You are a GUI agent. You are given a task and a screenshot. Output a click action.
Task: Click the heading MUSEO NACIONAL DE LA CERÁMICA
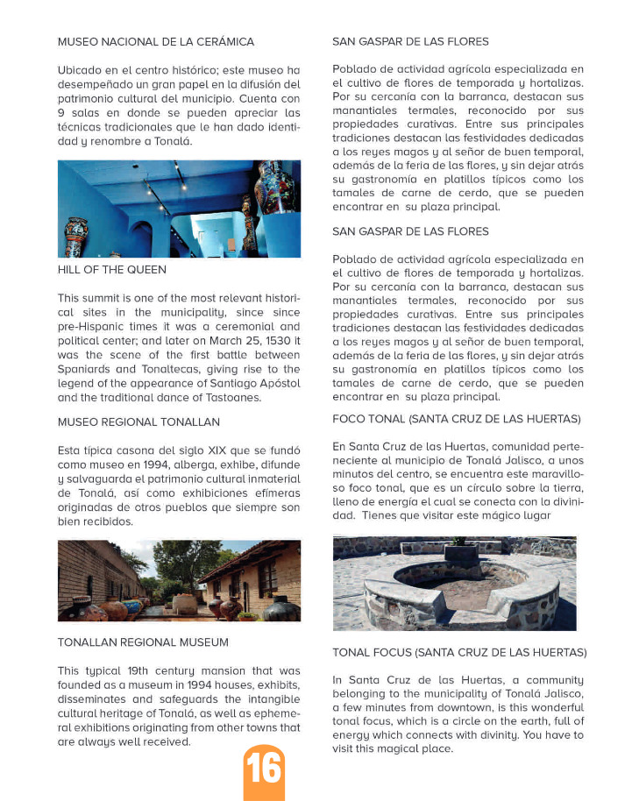pyautogui.click(x=156, y=41)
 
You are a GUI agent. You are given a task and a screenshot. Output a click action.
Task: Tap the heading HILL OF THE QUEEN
pyautogui.click(x=111, y=270)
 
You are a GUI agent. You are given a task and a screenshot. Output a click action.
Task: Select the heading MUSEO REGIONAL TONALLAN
pyautogui.click(x=132, y=422)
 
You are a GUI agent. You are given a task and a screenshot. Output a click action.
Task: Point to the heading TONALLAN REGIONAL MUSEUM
pyautogui.click(x=143, y=642)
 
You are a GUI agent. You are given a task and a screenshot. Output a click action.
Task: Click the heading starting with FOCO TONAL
pyautogui.click(x=457, y=420)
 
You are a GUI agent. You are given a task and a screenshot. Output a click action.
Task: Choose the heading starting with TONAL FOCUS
pyautogui.click(x=459, y=653)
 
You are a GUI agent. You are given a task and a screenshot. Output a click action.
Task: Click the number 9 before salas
pyautogui.click(x=61, y=113)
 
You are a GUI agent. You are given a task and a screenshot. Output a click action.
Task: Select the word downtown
pyautogui.click(x=447, y=707)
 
